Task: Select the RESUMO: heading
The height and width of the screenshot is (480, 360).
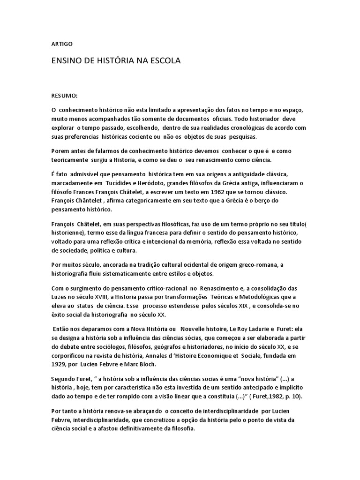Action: point(64,95)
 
